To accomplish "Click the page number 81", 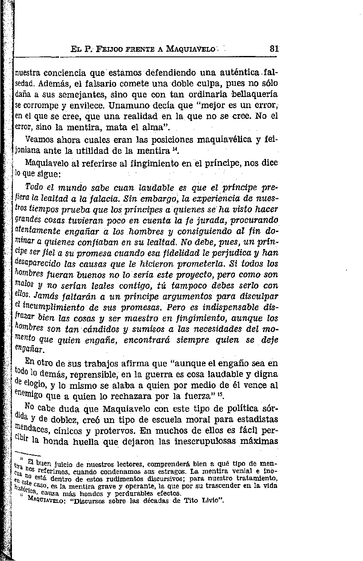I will [x=274, y=49].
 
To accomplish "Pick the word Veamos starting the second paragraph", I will [x=41, y=139].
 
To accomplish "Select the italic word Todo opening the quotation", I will [x=34, y=187].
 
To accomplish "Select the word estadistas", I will [x=257, y=419].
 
